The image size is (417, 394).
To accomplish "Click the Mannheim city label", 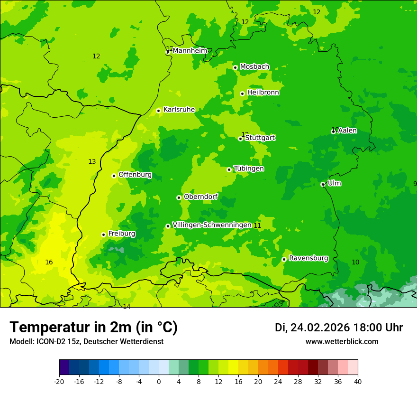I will click(x=190, y=51).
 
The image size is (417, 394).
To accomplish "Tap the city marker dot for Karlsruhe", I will click(x=159, y=111).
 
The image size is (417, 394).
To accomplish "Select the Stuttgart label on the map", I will click(x=260, y=138).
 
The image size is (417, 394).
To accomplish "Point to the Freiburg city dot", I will click(x=103, y=235).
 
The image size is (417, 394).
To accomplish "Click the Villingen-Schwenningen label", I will click(x=212, y=225).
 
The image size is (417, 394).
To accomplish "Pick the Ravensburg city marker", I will click(x=284, y=259).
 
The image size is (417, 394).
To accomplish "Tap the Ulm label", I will click(x=334, y=183).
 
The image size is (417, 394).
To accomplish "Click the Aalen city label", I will click(x=347, y=131).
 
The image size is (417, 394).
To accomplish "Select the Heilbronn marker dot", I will click(x=242, y=94).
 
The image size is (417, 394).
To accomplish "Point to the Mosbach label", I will click(x=254, y=67).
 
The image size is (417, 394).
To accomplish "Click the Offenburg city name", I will click(x=135, y=175).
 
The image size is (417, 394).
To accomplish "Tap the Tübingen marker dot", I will click(x=229, y=169).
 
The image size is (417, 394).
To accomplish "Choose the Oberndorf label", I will click(x=201, y=197).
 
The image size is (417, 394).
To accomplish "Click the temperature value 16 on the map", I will click(x=49, y=262).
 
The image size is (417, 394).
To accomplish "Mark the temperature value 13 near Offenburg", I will click(x=92, y=162).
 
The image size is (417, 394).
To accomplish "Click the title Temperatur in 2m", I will click(x=93, y=328).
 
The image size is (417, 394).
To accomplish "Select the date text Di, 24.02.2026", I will click(x=312, y=328).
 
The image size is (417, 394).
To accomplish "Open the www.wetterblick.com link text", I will click(x=342, y=342).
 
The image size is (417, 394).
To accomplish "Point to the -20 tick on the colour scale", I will click(x=59, y=381).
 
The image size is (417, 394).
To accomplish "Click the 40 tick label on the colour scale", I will click(x=358, y=381).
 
